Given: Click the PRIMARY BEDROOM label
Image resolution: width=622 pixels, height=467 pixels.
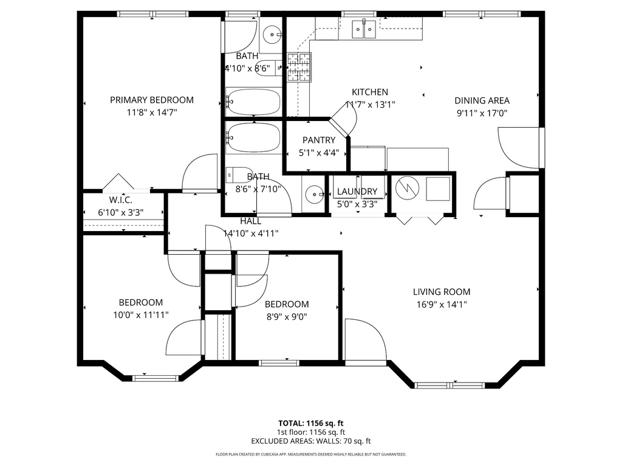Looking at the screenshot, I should [151, 100].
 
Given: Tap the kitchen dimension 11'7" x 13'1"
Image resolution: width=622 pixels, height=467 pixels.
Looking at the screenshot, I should [370, 105].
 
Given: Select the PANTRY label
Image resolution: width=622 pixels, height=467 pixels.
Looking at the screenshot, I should [319, 140].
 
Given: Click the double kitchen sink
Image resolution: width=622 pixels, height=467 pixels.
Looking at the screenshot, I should [364, 28].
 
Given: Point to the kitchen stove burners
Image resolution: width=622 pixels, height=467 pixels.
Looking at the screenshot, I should [298, 67].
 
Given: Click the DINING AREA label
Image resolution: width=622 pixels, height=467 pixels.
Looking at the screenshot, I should [482, 101].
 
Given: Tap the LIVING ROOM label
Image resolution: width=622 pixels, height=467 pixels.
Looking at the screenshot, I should [442, 292].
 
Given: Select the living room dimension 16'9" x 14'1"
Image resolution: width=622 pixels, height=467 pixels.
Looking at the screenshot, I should [442, 305].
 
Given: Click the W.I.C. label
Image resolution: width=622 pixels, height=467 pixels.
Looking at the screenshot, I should [120, 200].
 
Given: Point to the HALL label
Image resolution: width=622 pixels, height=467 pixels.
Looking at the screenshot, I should [251, 221].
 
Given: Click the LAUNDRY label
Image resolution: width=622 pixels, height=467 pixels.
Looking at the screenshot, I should [357, 192].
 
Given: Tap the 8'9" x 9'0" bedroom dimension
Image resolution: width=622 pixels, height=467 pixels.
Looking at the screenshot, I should [287, 316].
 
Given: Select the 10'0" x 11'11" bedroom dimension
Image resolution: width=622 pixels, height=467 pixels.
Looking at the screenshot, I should [140, 315].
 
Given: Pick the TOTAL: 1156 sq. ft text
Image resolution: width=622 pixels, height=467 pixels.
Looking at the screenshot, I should [311, 423].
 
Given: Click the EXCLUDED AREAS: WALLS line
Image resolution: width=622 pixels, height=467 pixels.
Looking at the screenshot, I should [311, 441].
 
